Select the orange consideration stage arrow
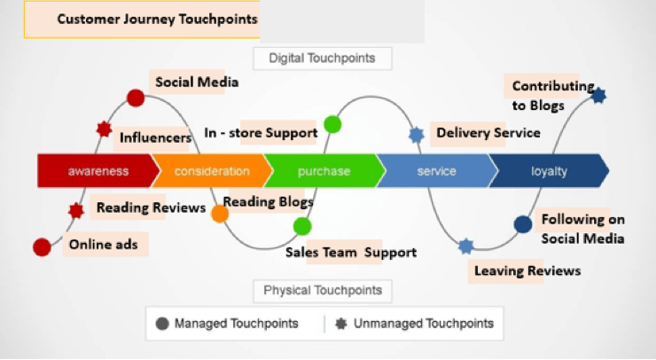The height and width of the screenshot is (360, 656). pos(211,171)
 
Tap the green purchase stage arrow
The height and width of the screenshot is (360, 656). pos(324,171)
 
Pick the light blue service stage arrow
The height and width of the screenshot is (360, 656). pos(436,171)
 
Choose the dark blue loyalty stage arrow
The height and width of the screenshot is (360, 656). pos(548,171)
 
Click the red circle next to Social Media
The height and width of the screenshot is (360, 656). pos(136,98)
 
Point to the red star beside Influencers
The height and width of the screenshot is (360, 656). pos(105,129)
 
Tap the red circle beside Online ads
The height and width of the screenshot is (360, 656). pos(42,247)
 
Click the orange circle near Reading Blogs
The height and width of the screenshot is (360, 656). pos(220,214)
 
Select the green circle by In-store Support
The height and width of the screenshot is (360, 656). pos(332,123)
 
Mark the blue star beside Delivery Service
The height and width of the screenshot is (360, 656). pos(417,135)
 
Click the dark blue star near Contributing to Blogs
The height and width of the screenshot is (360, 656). pos(598,95)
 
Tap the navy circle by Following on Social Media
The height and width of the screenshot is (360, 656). pos(523,224)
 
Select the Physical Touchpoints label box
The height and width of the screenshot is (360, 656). pos(323,290)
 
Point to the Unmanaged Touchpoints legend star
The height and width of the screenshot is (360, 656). pos(341,323)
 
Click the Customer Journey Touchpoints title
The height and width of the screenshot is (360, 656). pos(158,20)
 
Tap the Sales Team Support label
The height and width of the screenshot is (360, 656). pos(350,252)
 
